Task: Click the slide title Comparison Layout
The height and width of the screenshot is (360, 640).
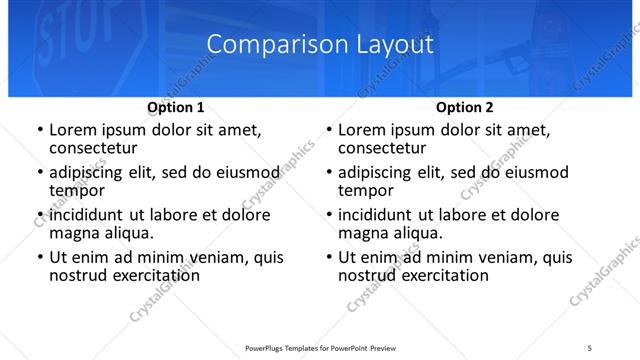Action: [x=320, y=45]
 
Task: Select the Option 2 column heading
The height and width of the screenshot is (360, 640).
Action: [x=465, y=107]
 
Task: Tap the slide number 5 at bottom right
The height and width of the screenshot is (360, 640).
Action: [x=590, y=346]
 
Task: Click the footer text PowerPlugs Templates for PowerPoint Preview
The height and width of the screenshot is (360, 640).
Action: [x=319, y=346]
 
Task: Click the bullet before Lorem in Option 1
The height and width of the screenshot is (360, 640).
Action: [x=38, y=130]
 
